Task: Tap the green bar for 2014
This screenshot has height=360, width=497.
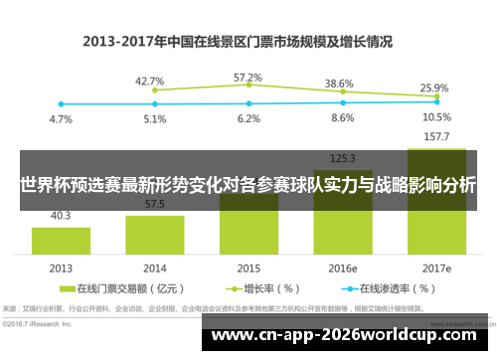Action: (x=154, y=235)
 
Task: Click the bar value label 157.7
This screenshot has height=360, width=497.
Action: (x=435, y=137)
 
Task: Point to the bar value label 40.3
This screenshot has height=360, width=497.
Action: (x=61, y=215)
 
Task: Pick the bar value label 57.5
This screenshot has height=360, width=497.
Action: (x=154, y=204)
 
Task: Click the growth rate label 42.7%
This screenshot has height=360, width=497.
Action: (x=150, y=81)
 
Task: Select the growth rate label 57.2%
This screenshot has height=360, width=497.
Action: (x=248, y=77)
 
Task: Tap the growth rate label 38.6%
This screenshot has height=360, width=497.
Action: (x=340, y=84)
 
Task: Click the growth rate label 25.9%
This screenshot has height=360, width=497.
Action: (x=434, y=88)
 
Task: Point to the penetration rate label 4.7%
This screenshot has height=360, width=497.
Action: (x=61, y=119)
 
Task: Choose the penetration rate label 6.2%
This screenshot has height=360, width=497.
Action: (x=248, y=118)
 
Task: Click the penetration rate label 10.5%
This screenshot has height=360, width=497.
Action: (x=435, y=117)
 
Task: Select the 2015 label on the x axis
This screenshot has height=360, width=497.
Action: (x=248, y=269)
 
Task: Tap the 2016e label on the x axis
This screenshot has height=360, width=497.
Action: (x=342, y=269)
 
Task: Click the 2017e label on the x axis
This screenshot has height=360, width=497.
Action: (x=435, y=269)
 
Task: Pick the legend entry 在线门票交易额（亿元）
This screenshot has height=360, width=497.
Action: (x=144, y=289)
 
